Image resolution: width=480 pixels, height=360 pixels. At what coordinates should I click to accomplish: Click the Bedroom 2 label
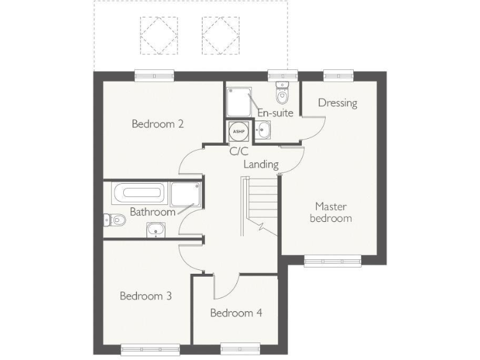(157, 124)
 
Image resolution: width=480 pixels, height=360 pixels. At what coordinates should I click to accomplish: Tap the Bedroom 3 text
(146, 296)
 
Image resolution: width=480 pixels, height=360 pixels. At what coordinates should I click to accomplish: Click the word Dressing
(337, 103)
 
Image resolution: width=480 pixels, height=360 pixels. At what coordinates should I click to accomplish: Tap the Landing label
(261, 164)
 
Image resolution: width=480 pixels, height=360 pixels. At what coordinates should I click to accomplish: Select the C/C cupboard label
(238, 151)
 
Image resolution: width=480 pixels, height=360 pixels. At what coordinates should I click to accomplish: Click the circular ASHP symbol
(237, 131)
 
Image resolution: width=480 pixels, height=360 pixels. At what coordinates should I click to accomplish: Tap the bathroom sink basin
(154, 231)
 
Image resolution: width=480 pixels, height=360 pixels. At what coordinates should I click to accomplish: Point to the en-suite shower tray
(239, 101)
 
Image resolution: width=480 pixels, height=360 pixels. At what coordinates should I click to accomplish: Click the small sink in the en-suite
(264, 129)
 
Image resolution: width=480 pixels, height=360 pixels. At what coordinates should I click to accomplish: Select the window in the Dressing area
(337, 76)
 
